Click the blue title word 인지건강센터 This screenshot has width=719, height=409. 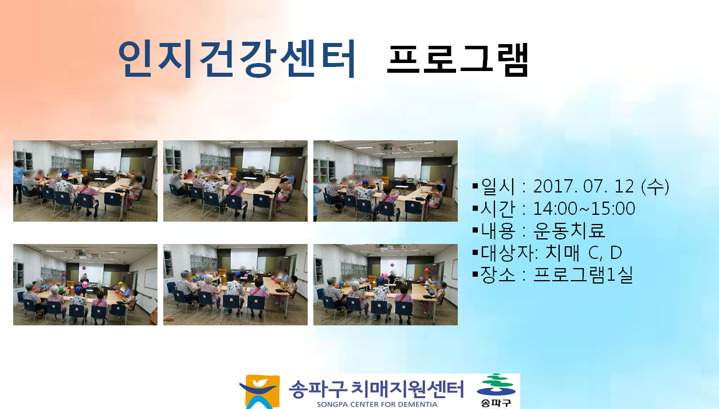point(237,59)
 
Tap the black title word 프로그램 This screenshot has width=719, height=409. point(457,60)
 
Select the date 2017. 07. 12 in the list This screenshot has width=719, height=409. point(584,187)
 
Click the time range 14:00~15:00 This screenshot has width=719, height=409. point(584,209)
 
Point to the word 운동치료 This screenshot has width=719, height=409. point(569,230)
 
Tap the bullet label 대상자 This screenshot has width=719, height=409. point(507,253)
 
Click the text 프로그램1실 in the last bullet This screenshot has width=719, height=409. point(583,275)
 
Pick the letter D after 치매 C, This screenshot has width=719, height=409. point(616,253)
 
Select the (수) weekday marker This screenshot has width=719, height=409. point(655,187)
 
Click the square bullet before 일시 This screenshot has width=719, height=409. point(476,187)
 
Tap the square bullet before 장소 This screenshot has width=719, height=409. point(476,275)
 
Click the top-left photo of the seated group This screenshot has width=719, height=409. point(85,181)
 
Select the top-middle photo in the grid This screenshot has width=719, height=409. point(235,181)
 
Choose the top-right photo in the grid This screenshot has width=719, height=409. point(386,181)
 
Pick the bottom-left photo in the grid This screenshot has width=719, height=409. point(85,285)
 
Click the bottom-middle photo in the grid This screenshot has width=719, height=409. point(235,285)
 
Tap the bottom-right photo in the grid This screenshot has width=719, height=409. point(386,285)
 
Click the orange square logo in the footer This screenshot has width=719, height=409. point(260,392)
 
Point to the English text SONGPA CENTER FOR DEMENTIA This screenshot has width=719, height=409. point(377,404)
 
